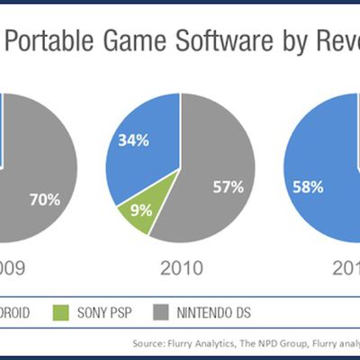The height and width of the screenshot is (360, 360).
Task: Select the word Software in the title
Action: [x=215, y=40]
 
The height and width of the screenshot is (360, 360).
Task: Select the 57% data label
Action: [x=228, y=187]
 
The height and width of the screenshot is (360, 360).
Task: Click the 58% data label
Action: [x=308, y=187]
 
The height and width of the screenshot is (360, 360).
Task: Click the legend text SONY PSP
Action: [x=112, y=313]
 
